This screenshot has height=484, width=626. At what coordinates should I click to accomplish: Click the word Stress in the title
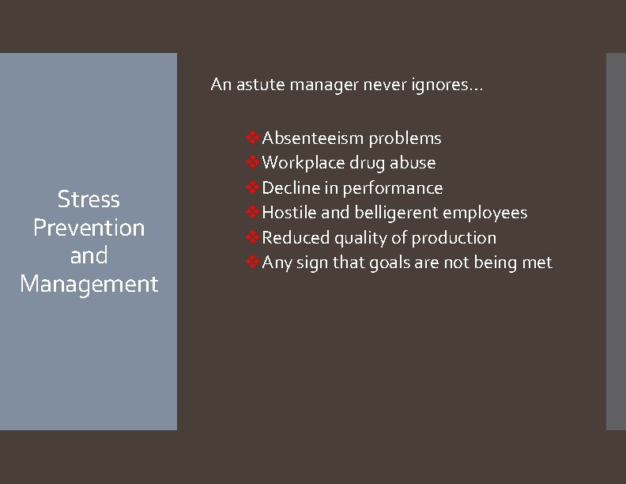coord(89,199)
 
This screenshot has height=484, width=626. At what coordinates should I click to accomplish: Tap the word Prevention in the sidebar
coord(89,228)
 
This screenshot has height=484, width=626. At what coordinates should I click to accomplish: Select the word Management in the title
coord(89,283)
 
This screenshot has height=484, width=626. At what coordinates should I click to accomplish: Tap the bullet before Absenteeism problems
coord(252,138)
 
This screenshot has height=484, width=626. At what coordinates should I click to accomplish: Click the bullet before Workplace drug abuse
coord(252,163)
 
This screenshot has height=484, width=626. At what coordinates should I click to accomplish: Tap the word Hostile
coord(288,213)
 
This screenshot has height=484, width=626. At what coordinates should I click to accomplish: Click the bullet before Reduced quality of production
coord(252,237)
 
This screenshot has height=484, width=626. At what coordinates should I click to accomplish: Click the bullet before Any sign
coord(252,263)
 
